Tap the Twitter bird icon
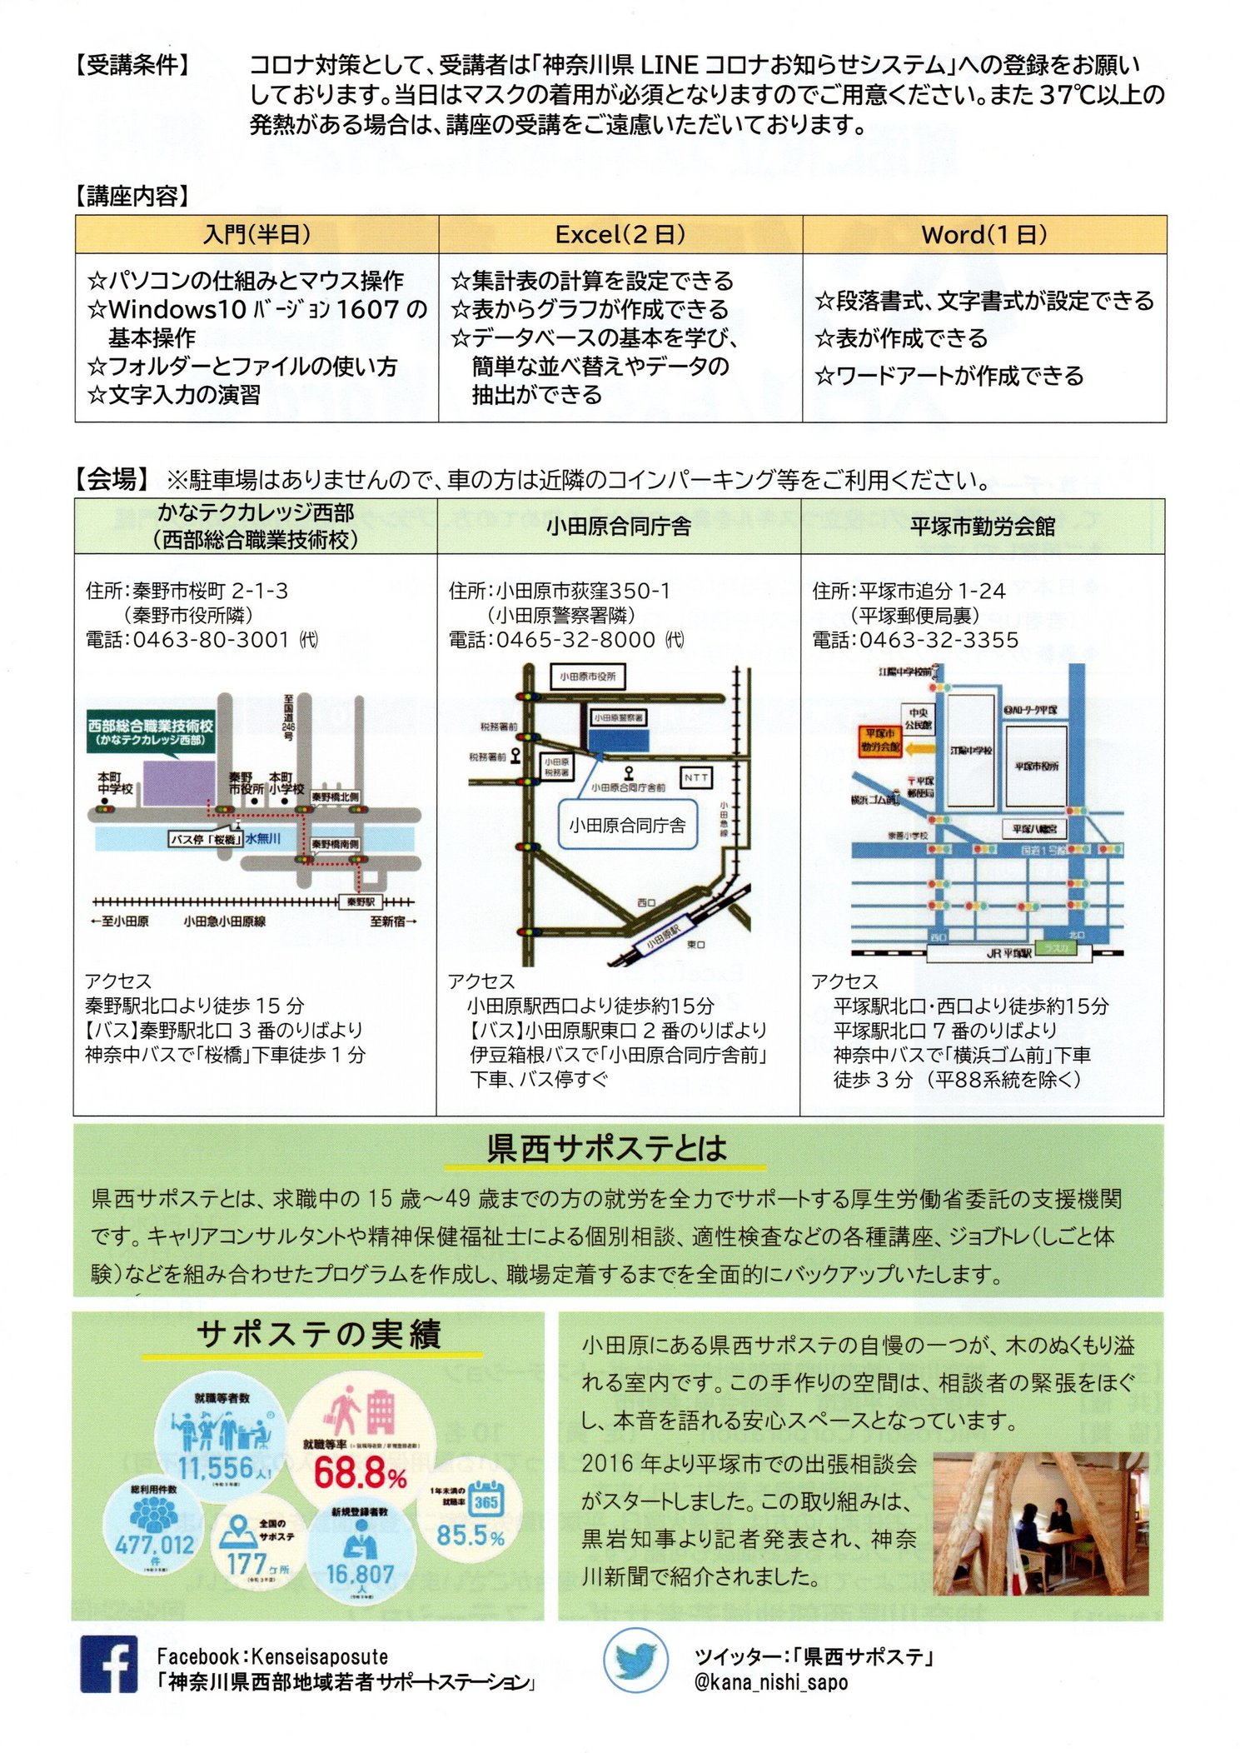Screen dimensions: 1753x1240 point(635,1661)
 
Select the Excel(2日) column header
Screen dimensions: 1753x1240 point(620,235)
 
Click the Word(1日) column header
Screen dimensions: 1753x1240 point(984,235)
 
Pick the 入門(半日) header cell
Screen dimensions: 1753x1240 point(256,235)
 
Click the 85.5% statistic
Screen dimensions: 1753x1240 point(471,1535)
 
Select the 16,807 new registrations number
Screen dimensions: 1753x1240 point(360,1574)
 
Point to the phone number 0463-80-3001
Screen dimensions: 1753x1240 point(211,640)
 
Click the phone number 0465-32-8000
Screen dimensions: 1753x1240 point(575,640)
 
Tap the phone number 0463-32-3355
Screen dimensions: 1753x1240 point(939,640)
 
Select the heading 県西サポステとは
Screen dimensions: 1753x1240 point(606,1148)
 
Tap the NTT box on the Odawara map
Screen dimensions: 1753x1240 point(696,777)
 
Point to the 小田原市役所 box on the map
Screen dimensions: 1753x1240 point(587,677)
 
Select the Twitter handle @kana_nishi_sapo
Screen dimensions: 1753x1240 point(770,1682)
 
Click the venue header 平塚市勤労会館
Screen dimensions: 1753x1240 point(983,527)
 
